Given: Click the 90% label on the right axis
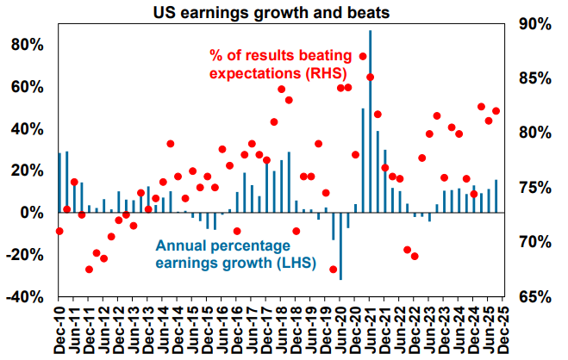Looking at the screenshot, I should click(535, 24).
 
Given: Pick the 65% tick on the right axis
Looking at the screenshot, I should click(535, 296).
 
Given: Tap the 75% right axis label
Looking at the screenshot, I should click(535, 188).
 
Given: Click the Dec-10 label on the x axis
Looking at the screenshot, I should click(59, 332).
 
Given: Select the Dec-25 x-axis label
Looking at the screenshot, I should click(497, 332).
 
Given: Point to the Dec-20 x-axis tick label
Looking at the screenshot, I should click(352, 332).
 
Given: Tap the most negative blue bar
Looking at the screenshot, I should click(340, 245).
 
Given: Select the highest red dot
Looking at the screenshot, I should click(363, 57).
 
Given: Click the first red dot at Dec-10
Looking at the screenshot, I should click(59, 231).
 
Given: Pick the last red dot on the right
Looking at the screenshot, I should click(496, 111).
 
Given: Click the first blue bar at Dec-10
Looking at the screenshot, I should click(59, 183).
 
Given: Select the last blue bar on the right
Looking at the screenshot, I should click(496, 196).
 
